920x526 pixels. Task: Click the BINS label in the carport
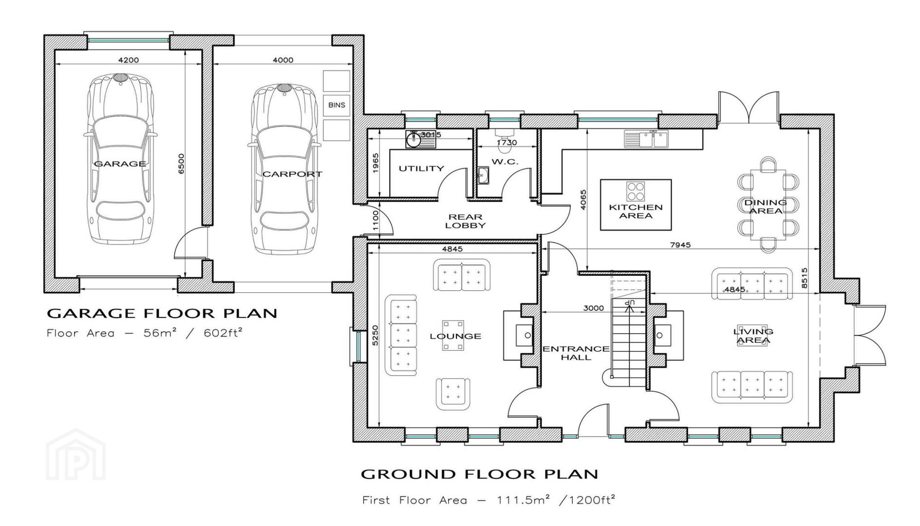pyautogui.click(x=337, y=105)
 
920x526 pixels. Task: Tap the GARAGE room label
pyautogui.click(x=120, y=164)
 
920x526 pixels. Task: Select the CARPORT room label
pyautogui.click(x=292, y=174)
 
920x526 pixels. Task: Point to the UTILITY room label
pyautogui.click(x=421, y=169)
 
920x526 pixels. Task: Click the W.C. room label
pyautogui.click(x=505, y=162)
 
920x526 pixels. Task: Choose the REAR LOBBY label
pyautogui.click(x=465, y=221)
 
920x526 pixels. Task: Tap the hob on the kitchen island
pyautogui.click(x=635, y=191)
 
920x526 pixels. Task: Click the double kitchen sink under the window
pyautogui.click(x=646, y=139)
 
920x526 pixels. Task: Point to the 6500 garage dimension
pyautogui.click(x=181, y=164)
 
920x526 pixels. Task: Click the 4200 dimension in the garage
pyautogui.click(x=129, y=60)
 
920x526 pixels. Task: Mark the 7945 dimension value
pyautogui.click(x=680, y=245)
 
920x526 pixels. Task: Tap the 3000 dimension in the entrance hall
pyautogui.click(x=593, y=308)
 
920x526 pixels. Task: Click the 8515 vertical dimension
pyautogui.click(x=804, y=278)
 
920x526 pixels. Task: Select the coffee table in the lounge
pyautogui.click(x=453, y=335)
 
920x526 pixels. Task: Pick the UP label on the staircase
pyautogui.click(x=630, y=303)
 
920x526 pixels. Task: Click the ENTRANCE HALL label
pyautogui.click(x=576, y=353)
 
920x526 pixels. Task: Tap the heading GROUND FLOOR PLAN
pyautogui.click(x=479, y=474)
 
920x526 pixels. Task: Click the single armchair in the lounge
pyautogui.click(x=453, y=394)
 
